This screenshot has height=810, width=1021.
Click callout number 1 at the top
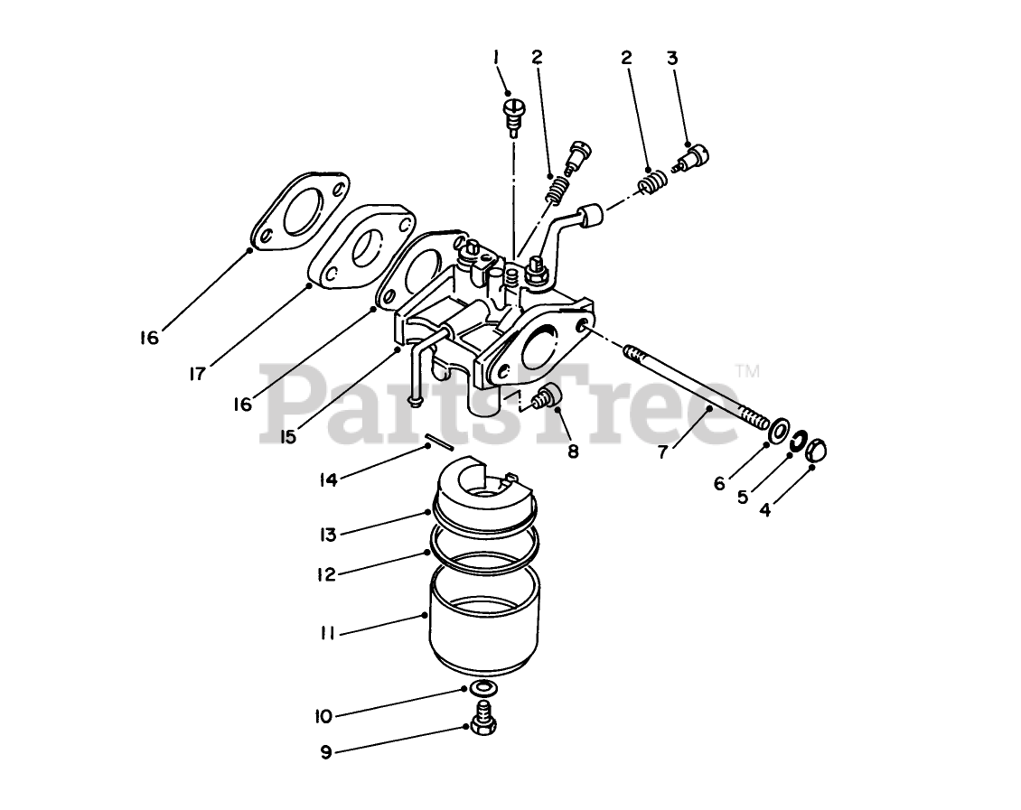[496, 58]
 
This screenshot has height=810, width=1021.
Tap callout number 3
[671, 58]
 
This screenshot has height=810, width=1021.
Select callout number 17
[197, 372]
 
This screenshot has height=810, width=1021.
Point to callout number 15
[288, 436]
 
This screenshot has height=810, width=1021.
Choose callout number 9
[326, 751]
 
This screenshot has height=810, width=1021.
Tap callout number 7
[663, 452]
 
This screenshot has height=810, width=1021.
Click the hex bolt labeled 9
[482, 723]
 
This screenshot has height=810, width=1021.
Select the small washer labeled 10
[482, 689]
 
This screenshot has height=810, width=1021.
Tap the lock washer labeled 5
[797, 442]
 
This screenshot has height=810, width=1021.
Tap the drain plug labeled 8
[548, 396]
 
